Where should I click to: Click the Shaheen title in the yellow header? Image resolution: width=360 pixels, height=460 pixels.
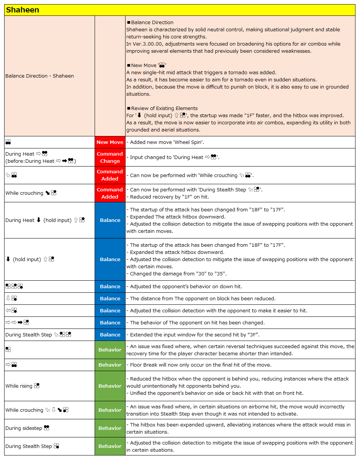tap(23, 10)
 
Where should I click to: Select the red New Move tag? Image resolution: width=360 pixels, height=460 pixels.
tap(110, 142)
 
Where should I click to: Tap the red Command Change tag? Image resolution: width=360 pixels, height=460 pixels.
tap(110, 157)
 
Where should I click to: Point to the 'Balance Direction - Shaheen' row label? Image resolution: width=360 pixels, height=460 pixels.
tap(40, 76)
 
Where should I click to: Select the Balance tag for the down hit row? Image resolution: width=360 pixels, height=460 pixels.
tap(110, 287)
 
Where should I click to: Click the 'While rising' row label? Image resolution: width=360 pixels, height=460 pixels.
tap(19, 386)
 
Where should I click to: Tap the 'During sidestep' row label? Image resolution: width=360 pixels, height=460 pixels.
tap(24, 428)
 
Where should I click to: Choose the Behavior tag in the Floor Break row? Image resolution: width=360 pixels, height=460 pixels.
tap(110, 365)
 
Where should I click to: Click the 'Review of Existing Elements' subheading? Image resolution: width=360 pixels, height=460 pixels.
tap(164, 109)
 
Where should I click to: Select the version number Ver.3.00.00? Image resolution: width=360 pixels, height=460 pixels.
tap(149, 44)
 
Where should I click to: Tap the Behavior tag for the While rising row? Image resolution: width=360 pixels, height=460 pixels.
tap(110, 386)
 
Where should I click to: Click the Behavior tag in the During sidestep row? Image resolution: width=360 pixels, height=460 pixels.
tap(110, 428)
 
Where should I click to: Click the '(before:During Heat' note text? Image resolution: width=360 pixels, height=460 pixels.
tap(30, 161)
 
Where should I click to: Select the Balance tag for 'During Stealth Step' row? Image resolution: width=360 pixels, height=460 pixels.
tap(110, 335)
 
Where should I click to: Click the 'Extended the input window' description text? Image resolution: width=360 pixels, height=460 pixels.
tap(162, 335)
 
